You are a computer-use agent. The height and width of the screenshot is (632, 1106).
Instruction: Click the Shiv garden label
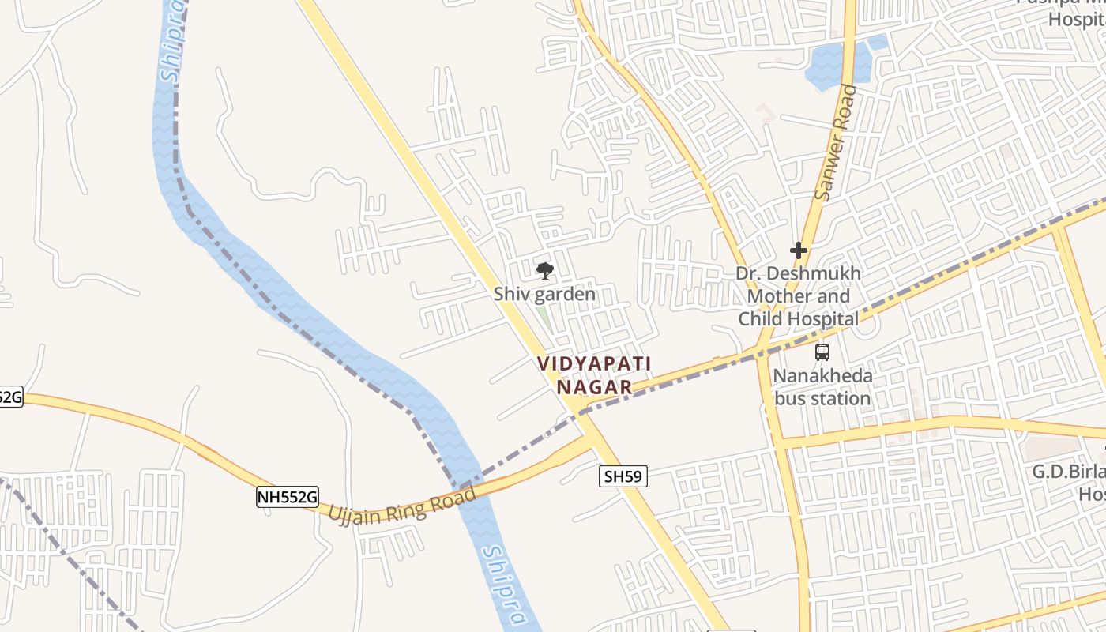(544, 294)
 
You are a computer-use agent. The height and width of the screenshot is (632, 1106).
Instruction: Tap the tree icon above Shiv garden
(544, 272)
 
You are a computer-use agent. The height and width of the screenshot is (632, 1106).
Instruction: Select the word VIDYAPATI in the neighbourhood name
(594, 363)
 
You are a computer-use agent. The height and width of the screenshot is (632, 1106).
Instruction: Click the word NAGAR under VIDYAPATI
(594, 387)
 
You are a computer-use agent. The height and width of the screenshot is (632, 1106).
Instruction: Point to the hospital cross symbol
(799, 251)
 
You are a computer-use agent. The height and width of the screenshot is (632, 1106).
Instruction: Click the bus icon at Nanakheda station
(822, 352)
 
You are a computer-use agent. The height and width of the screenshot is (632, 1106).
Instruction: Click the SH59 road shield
(623, 476)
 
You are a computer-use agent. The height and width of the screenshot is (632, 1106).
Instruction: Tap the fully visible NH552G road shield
(288, 497)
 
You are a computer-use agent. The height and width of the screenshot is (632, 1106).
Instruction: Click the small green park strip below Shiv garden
(544, 319)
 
